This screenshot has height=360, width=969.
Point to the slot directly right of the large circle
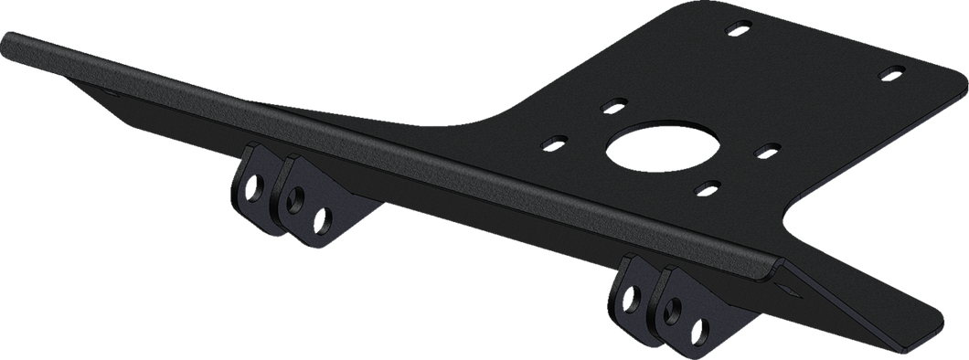tap(766, 148)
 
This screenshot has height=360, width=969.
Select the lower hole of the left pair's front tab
tap(322, 217)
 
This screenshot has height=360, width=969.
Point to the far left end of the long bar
tap(7, 44)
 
